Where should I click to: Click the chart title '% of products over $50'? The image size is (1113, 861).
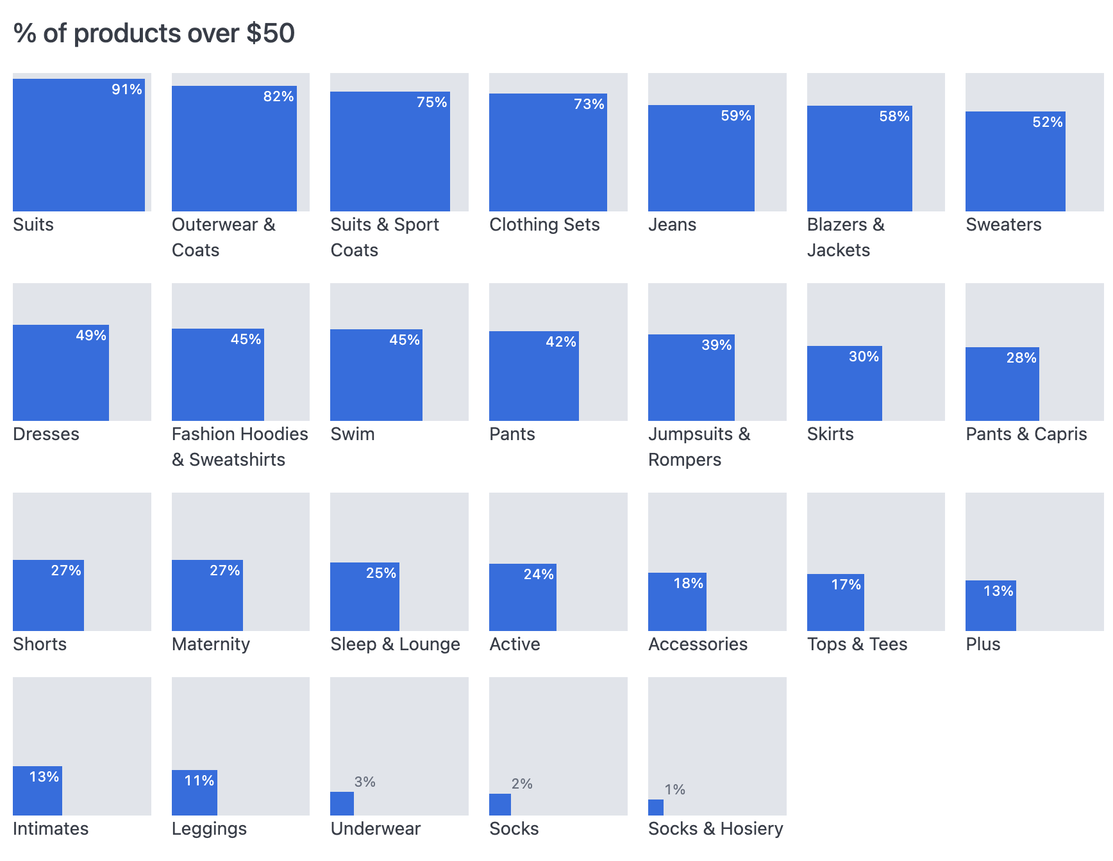(154, 33)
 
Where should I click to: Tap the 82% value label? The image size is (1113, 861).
(278, 97)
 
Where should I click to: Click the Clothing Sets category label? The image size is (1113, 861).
(544, 225)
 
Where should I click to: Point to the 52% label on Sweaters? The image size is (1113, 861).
(1047, 122)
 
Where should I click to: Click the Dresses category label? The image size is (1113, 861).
(46, 434)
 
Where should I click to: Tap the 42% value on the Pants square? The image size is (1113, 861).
(560, 342)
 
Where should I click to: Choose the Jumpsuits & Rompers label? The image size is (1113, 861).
(699, 447)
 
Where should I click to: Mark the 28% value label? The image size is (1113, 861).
(1021, 358)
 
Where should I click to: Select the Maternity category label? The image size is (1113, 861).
(211, 644)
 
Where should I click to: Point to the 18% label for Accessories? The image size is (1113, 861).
(688, 584)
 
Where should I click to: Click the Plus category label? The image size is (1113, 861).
(983, 644)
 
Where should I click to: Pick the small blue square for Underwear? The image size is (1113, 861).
(342, 803)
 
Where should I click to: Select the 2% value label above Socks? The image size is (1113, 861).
(522, 784)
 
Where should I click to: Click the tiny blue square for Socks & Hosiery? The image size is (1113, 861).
(655, 807)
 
